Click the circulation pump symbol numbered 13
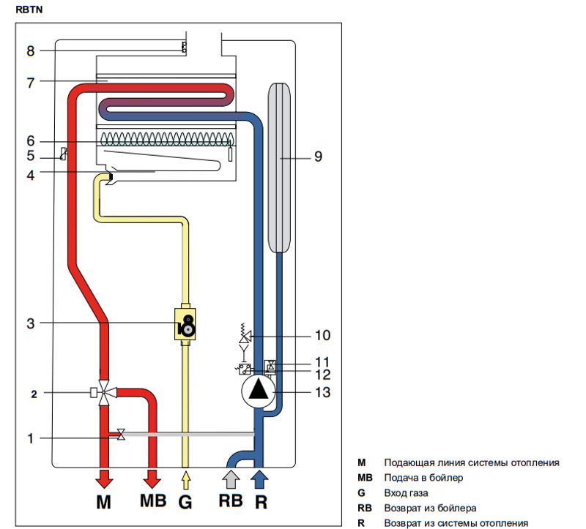pyautogui.click(x=258, y=393)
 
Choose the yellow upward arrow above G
pyautogui.click(x=186, y=479)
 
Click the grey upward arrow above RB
pyautogui.click(x=231, y=479)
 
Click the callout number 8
pyautogui.click(x=30, y=51)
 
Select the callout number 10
pyautogui.click(x=322, y=335)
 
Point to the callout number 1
pyautogui.click(x=30, y=438)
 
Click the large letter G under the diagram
pyautogui.click(x=186, y=503)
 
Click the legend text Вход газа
pyautogui.click(x=406, y=492)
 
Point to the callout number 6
pyautogui.click(x=30, y=140)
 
